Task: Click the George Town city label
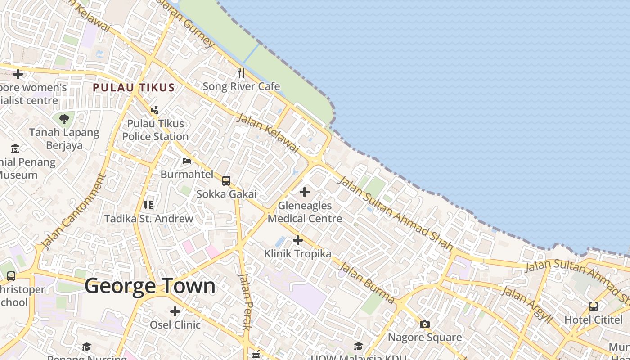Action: [x=150, y=286]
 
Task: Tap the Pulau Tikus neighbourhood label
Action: [x=134, y=88]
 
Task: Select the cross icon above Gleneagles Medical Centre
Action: [x=305, y=192]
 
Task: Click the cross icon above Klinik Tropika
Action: [x=297, y=240]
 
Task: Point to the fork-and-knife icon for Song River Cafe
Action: [x=241, y=72]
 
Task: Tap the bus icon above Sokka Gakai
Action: [x=226, y=181]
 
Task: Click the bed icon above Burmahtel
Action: [x=187, y=161]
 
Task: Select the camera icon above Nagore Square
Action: [x=424, y=324]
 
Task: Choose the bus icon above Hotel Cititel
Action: [x=594, y=306]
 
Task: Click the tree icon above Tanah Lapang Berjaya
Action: [x=64, y=119]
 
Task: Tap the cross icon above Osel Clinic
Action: [x=175, y=311]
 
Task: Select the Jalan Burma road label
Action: [x=366, y=283]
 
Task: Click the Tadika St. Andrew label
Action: [x=149, y=219]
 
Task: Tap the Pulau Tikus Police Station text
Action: [x=155, y=130]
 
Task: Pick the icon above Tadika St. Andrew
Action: [x=148, y=205]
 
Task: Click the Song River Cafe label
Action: [x=241, y=86]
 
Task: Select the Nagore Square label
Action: [x=425, y=337]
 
